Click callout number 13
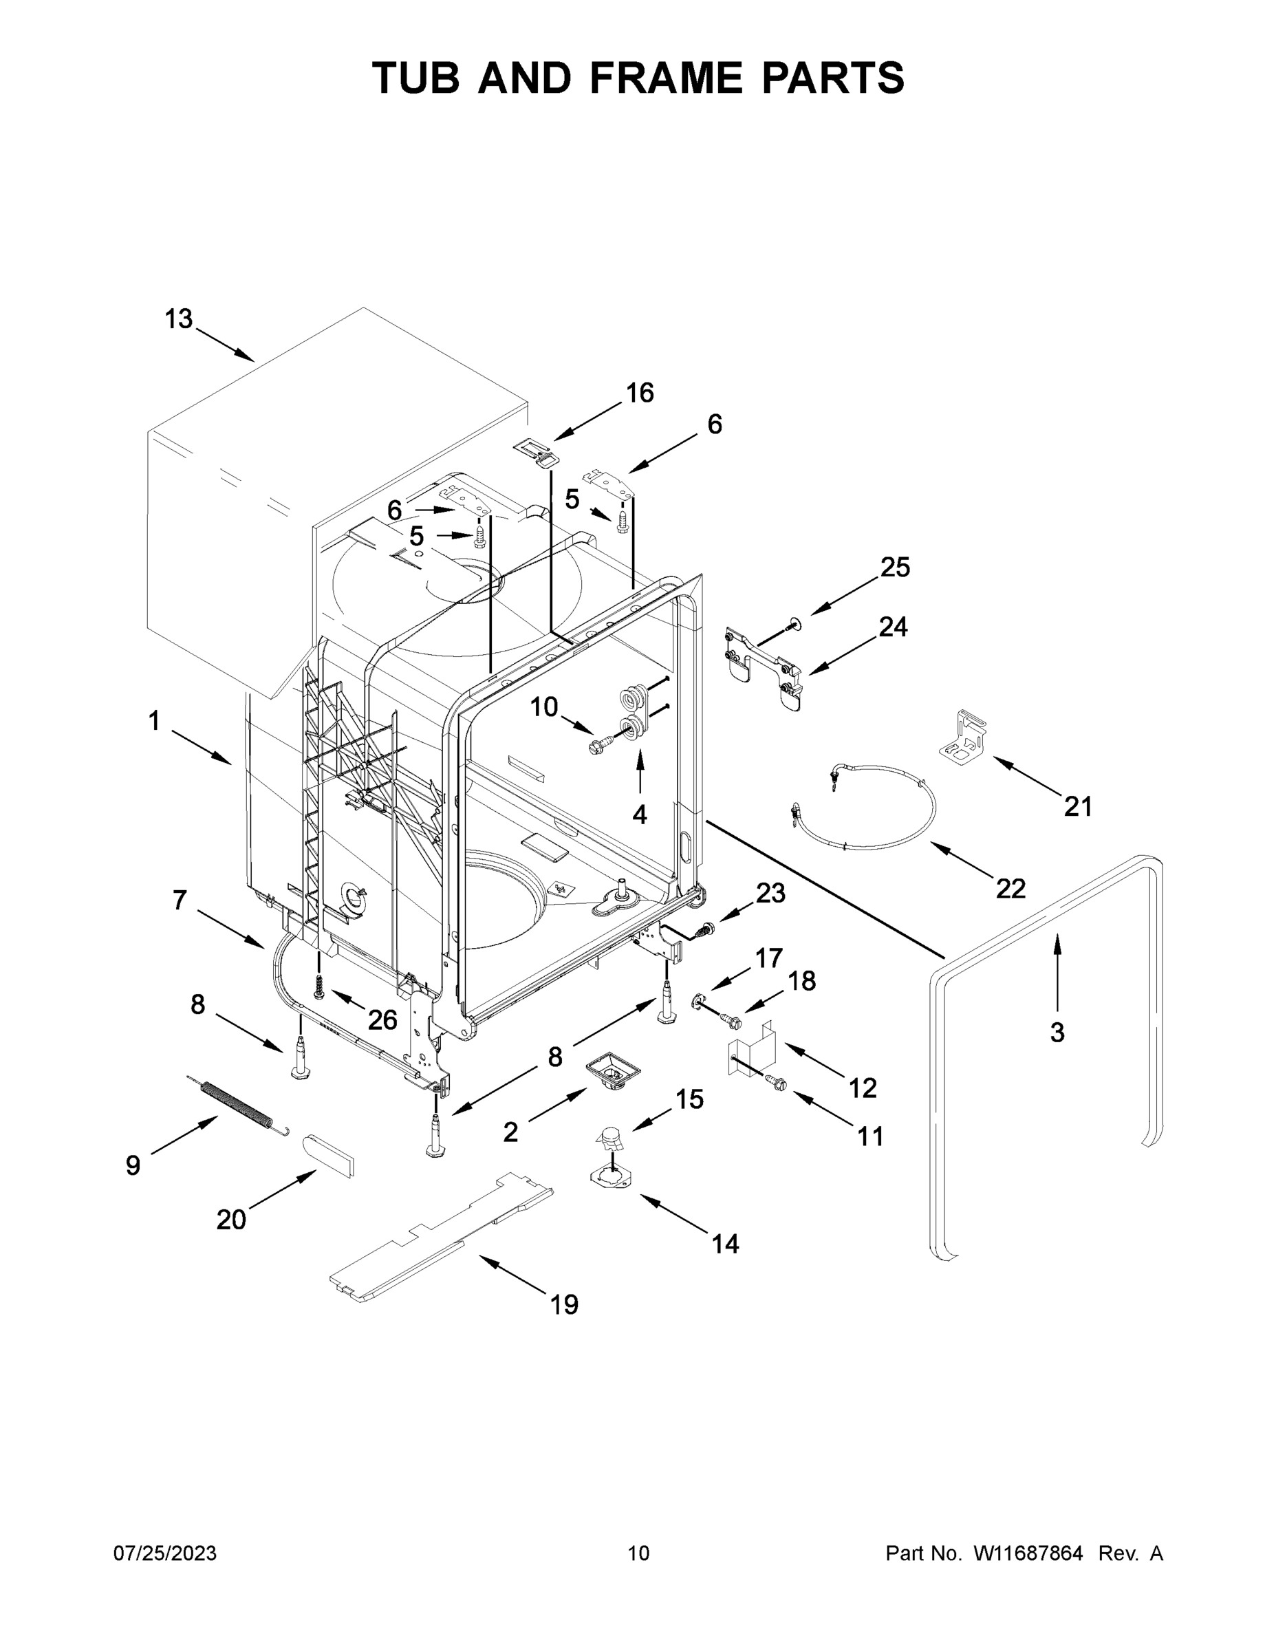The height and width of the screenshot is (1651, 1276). [179, 320]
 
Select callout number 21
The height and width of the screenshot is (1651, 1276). [1078, 808]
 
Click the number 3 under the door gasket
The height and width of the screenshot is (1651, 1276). [1057, 1032]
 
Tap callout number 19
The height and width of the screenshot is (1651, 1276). [564, 1304]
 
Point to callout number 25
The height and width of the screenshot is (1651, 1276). [895, 567]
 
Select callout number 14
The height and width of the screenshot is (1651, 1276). [725, 1244]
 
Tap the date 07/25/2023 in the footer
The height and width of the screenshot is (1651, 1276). [165, 1553]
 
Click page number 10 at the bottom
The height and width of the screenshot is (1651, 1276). [638, 1553]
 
